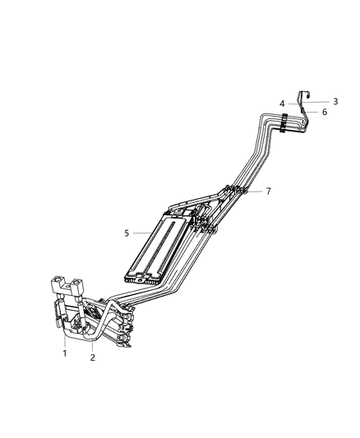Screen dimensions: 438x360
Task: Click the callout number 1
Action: tap(65, 354)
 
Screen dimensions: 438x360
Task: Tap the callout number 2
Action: tap(93, 357)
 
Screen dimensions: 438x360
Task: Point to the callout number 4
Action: tap(282, 104)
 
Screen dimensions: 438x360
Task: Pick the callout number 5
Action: tap(127, 233)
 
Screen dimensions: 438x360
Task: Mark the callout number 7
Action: tap(268, 191)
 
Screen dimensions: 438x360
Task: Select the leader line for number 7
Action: tap(255, 191)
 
